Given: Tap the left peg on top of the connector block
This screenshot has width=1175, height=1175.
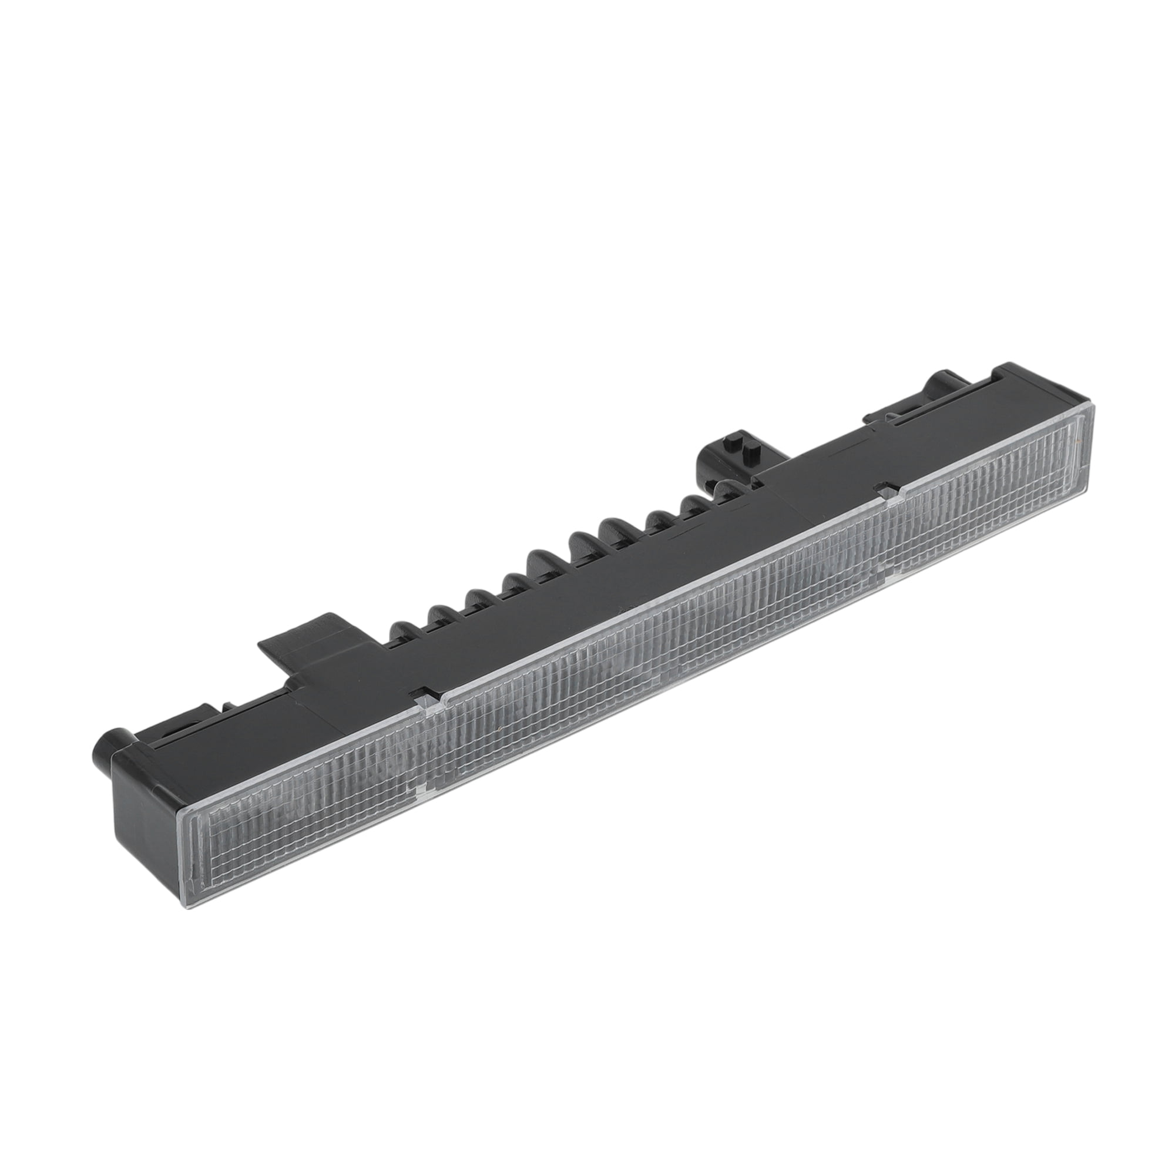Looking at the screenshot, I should coord(731,439).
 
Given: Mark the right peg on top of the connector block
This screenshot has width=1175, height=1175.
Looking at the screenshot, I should coord(754,447).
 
